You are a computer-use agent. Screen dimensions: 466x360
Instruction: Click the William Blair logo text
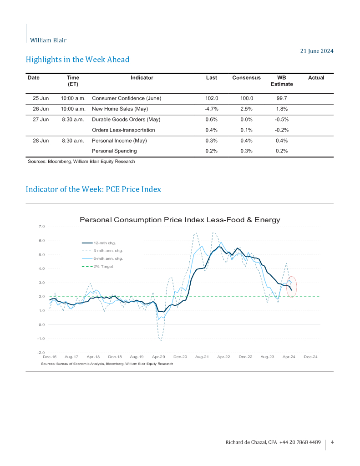48,40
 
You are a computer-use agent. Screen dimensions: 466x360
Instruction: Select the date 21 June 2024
317,51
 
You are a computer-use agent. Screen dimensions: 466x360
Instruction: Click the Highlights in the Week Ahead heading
77,60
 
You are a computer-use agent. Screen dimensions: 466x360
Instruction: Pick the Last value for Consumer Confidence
212,98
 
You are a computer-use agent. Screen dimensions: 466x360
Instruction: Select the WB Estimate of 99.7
282,98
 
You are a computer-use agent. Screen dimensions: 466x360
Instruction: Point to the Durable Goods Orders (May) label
126,120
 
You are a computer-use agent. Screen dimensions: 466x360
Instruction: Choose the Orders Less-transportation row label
123,130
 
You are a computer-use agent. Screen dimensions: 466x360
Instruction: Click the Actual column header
316,78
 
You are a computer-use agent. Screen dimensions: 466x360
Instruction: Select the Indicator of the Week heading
93,189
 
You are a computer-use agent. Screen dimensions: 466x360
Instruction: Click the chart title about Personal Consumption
180,220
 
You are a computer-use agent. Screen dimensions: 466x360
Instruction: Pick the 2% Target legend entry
103,266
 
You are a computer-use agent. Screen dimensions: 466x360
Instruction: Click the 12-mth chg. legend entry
105,243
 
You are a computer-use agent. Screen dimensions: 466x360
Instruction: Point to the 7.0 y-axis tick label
41,226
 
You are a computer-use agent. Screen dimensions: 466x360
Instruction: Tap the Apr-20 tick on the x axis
158,357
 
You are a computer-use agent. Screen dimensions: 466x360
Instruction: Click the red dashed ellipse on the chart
292,287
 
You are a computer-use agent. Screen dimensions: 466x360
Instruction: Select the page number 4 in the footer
333,442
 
